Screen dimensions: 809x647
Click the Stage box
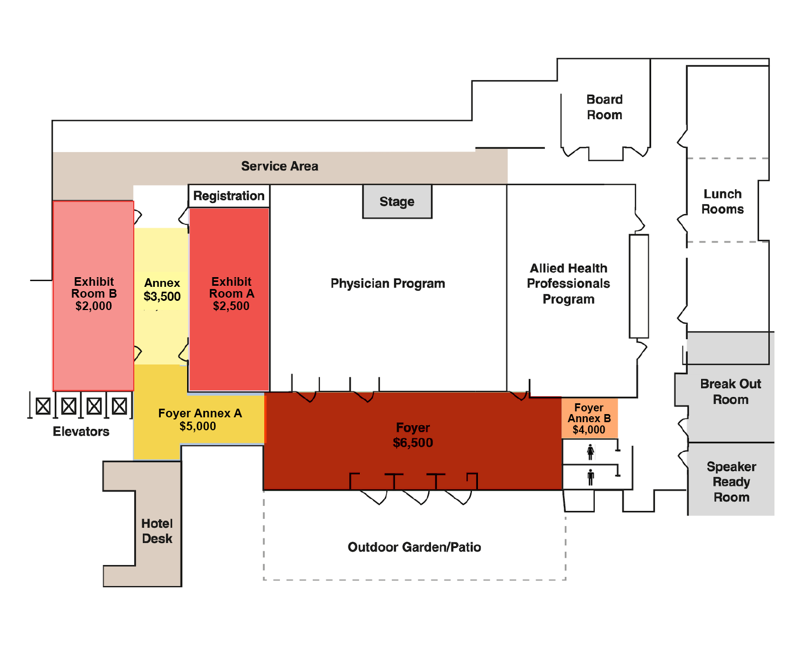pos(397,201)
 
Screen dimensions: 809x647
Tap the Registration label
pos(229,196)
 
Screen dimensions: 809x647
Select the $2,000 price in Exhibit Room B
pos(94,306)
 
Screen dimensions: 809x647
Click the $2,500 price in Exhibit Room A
pos(231,306)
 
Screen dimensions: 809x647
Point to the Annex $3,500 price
pos(162,296)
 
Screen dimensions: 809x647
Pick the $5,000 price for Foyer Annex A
pos(198,426)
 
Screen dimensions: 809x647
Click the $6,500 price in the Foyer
pos(413,443)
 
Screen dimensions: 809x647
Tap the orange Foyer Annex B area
pos(589,418)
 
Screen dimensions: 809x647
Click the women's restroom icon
pos(591,451)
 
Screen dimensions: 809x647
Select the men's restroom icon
pos(591,477)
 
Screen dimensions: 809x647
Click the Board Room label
pos(605,107)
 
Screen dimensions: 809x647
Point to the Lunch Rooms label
pos(723,202)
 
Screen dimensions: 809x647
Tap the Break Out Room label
pos(730,391)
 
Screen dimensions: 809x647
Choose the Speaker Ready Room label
pos(731,481)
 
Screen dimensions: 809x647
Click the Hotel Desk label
pos(157,531)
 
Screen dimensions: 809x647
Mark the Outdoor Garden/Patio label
pos(414,547)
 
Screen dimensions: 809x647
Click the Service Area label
pos(280,166)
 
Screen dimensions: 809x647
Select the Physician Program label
pos(388,283)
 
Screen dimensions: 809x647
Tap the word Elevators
pos(81,431)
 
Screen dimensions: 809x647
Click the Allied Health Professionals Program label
pos(568,284)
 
